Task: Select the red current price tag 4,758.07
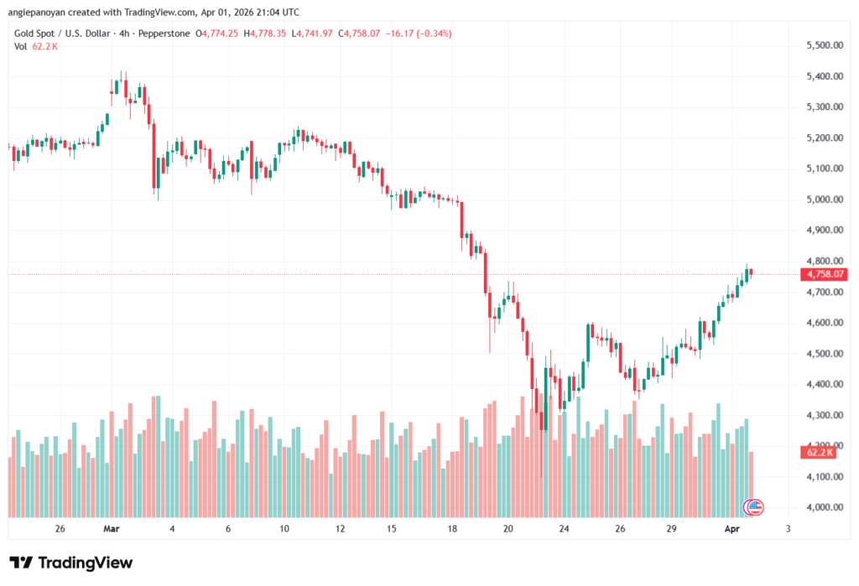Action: click(x=824, y=274)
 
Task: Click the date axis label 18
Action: click(x=452, y=529)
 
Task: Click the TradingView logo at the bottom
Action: click(x=71, y=563)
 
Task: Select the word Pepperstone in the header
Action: click(x=163, y=34)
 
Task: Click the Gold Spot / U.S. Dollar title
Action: click(x=64, y=34)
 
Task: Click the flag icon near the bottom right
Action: click(x=755, y=506)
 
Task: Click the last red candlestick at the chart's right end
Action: click(x=751, y=272)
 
